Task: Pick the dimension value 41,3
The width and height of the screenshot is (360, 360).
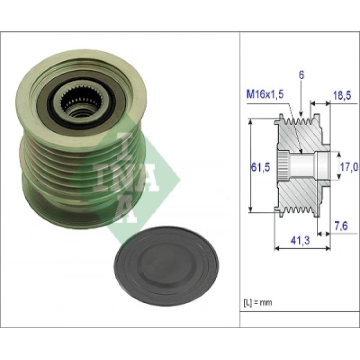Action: [297, 240]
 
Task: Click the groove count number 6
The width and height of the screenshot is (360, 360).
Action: [301, 75]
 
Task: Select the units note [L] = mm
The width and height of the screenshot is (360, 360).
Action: [258, 302]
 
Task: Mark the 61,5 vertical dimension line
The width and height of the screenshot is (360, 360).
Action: [250, 165]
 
